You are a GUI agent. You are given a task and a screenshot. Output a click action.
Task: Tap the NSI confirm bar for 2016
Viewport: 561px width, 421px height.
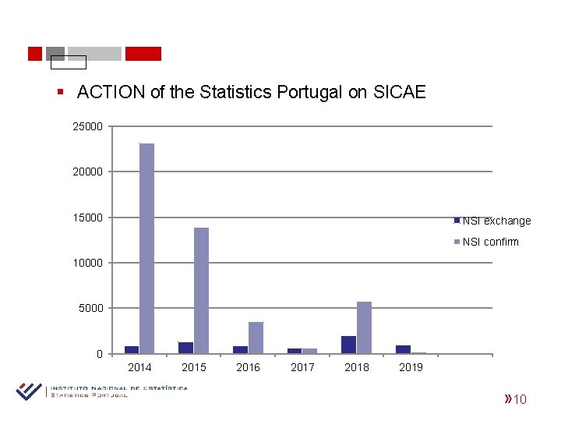256,338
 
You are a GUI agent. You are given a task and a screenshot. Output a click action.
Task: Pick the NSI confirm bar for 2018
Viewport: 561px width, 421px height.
364,327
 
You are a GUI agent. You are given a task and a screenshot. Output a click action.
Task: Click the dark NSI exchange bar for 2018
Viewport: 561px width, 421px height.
348,345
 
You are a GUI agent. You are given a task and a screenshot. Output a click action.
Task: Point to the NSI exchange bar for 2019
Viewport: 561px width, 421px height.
403,349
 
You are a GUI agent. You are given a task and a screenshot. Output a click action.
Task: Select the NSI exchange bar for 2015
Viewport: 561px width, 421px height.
185,348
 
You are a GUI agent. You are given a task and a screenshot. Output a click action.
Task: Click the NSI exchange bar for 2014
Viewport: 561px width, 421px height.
132,349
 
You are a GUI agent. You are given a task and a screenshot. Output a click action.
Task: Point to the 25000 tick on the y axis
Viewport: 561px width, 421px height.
87,126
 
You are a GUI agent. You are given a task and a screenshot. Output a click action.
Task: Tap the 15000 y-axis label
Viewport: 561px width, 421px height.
87,218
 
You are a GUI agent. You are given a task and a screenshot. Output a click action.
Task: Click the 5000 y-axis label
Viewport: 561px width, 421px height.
90,308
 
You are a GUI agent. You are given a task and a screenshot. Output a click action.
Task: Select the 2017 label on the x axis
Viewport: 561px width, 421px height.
302,367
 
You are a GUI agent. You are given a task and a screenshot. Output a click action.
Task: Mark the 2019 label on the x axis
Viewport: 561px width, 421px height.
411,367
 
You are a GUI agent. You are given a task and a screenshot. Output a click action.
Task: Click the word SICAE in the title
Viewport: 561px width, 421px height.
398,92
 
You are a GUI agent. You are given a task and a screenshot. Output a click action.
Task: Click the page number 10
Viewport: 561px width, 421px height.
520,400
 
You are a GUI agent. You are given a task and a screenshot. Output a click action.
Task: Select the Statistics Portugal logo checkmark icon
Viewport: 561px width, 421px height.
29,391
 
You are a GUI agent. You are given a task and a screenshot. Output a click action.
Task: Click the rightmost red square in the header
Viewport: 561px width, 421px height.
143,54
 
